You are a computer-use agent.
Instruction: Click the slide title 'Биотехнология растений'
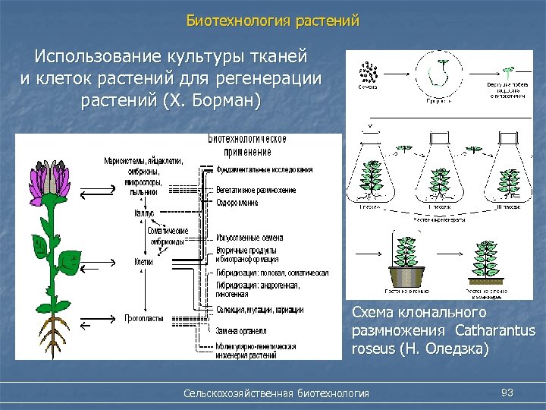tap(273, 20)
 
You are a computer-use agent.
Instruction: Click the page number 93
tap(508, 392)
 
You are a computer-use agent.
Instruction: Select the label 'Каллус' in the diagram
tap(144, 214)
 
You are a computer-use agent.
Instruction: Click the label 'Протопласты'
tap(144, 318)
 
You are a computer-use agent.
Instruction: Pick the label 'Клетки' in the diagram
tap(143, 262)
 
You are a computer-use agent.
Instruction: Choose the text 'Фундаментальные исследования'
tap(264, 169)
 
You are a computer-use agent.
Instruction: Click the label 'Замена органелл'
tap(241, 331)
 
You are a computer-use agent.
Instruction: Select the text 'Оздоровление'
tap(237, 203)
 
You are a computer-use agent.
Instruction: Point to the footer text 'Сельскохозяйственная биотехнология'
tap(277, 393)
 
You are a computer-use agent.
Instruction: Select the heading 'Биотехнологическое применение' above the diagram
tap(247, 145)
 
